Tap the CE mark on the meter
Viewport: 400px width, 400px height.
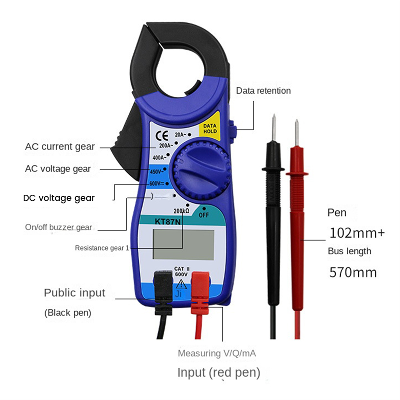pyautogui.click(x=163, y=135)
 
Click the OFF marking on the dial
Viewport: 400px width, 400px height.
pyautogui.click(x=203, y=215)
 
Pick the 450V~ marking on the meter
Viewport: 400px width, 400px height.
pyautogui.click(x=157, y=172)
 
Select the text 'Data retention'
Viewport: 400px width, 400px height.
pyautogui.click(x=263, y=91)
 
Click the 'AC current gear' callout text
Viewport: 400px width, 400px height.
pyautogui.click(x=60, y=147)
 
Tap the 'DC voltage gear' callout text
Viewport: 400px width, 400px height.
pyautogui.click(x=59, y=198)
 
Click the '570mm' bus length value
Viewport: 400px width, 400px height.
pyautogui.click(x=353, y=273)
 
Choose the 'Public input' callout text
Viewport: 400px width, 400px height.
pyautogui.click(x=75, y=293)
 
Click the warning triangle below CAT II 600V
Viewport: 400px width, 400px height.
pyautogui.click(x=180, y=285)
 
